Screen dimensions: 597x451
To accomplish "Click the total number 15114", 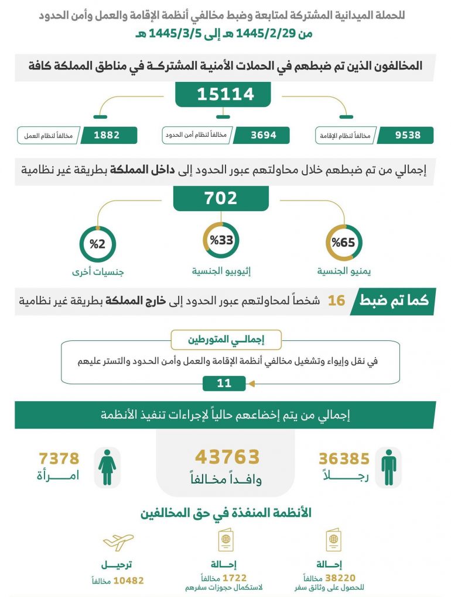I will click(x=225, y=94).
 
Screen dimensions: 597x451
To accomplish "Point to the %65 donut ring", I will click(x=343, y=241).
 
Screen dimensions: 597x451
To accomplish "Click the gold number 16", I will click(x=336, y=301).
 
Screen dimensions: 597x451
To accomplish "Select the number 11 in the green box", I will click(x=224, y=384).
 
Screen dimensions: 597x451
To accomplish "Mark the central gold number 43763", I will click(x=227, y=457).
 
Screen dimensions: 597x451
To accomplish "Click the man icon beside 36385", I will click(x=388, y=467).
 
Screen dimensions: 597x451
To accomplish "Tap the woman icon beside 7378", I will click(x=107, y=467).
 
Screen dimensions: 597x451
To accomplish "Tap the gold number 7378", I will click(x=59, y=458).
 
